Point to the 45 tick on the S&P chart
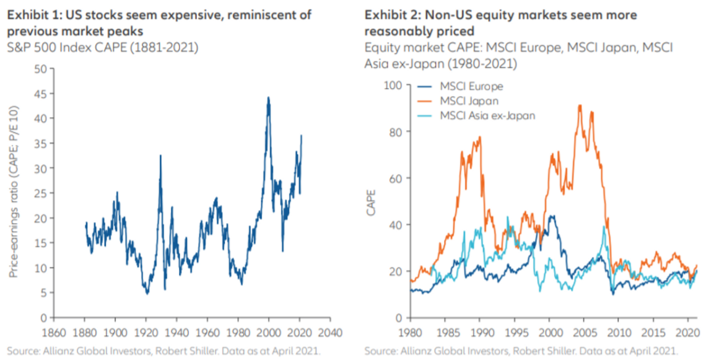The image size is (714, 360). click(x=40, y=94)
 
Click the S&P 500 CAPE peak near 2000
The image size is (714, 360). click(x=268, y=97)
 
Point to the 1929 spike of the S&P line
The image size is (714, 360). click(x=160, y=156)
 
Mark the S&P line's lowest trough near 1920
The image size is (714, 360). click(x=147, y=293)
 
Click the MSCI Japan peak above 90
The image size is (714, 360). click(x=580, y=105)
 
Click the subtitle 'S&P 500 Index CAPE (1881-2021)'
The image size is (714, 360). click(x=103, y=47)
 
